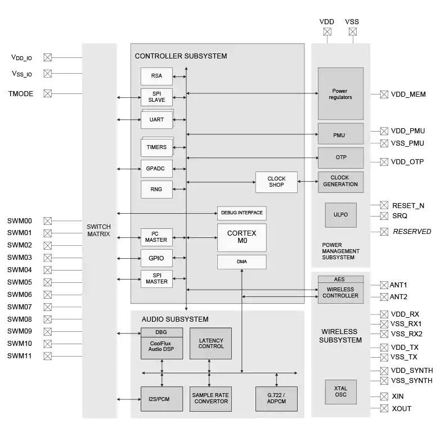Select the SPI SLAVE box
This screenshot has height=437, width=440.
click(156, 97)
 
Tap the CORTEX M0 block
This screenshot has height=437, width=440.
click(241, 237)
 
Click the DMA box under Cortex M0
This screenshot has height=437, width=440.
click(241, 262)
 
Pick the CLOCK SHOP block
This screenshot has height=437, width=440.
click(276, 182)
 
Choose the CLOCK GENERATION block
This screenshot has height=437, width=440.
click(340, 181)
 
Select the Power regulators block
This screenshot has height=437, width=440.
click(340, 94)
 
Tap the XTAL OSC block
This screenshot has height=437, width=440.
click(340, 392)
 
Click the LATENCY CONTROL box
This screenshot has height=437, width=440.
click(210, 343)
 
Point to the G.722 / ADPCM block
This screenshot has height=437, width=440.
click(276, 398)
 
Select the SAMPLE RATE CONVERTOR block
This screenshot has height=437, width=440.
click(210, 398)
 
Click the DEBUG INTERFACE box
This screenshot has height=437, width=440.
click(241, 214)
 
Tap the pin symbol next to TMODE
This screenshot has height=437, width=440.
click(48, 94)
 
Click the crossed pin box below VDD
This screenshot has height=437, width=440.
click(327, 32)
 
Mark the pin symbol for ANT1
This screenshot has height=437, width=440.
click(384, 285)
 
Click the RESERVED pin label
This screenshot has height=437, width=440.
click(412, 231)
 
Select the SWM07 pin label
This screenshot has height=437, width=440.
click(20, 307)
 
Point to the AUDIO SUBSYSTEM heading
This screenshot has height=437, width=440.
click(175, 319)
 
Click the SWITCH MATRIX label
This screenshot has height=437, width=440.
click(99, 230)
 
